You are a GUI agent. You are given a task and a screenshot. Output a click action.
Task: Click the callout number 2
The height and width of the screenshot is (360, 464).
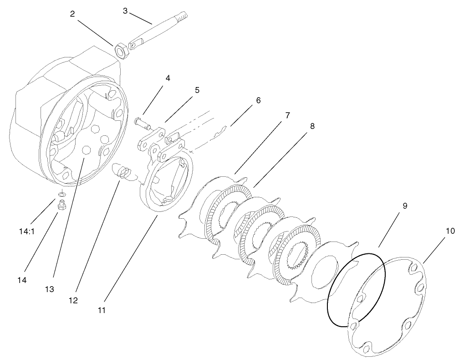point(72,14)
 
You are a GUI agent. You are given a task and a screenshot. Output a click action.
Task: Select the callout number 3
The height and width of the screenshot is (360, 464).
point(125,10)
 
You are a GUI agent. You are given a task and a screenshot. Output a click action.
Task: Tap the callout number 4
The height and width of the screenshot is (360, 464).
point(168,78)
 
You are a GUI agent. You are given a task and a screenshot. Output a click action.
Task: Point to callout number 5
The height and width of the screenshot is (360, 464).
point(197,90)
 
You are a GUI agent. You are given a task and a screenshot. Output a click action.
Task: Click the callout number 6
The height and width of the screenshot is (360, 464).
point(258,100)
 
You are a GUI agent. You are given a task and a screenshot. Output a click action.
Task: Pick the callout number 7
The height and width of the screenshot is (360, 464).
point(287,115)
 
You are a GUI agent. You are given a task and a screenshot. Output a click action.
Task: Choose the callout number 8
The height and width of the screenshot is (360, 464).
point(312,126)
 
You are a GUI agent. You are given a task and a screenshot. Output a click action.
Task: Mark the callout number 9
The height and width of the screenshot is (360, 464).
point(405,206)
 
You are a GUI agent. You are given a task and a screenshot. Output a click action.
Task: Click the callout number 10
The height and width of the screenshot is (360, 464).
point(450,231)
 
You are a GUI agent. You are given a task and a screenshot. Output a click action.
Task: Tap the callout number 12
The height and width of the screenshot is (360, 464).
point(73,300)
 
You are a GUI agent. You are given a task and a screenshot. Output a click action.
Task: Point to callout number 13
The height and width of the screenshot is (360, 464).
point(49,289)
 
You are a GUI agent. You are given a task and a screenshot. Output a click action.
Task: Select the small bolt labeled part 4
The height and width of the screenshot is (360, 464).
point(141,122)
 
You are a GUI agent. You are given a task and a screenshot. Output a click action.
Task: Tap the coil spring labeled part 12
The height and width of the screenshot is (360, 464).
point(122,172)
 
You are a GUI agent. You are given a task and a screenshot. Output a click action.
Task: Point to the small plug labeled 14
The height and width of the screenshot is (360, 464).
point(61,206)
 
